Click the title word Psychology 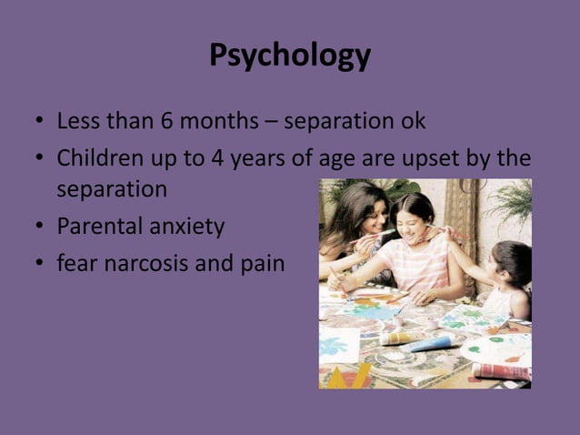coord(290,56)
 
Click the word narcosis coord(146,264)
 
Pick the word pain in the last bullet coord(263,264)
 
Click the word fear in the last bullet coord(76,264)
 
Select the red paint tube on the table coord(499,370)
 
